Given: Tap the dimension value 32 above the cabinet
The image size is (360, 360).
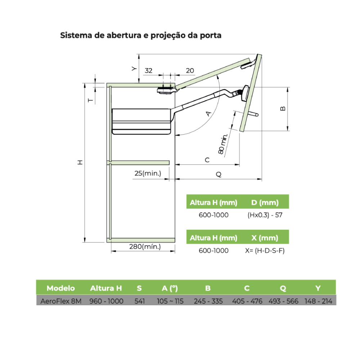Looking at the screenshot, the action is (148, 71).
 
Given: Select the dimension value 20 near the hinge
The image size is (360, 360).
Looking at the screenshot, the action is (190, 71).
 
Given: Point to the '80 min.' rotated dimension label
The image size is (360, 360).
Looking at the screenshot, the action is (223, 144).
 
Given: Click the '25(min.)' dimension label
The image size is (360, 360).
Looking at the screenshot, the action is (148, 174).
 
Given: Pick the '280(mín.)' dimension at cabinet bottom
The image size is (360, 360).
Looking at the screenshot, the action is (145, 247).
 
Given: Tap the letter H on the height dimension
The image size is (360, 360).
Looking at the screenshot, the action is (80, 162).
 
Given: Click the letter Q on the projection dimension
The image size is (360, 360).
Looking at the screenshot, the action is (219, 175).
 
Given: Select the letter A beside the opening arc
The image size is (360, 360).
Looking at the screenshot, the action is (208, 114).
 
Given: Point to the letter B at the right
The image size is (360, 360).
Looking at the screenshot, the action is (283, 108).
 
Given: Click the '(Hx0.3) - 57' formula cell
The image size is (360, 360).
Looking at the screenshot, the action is (265, 215).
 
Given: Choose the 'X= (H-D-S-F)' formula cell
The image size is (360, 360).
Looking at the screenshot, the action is (265, 251).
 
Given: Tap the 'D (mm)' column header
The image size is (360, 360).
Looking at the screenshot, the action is (265, 202).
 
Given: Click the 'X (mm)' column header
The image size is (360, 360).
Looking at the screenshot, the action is (265, 238).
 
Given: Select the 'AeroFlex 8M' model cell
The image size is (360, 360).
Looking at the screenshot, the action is (61, 301).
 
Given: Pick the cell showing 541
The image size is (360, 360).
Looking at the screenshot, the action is (139, 301).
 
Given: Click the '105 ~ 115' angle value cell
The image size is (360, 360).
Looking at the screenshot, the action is (170, 301).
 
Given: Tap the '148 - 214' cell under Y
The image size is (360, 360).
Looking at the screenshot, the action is (318, 301).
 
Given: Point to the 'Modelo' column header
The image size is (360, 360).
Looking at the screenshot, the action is (60, 288).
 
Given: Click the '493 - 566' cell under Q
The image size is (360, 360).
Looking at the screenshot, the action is (283, 301).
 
